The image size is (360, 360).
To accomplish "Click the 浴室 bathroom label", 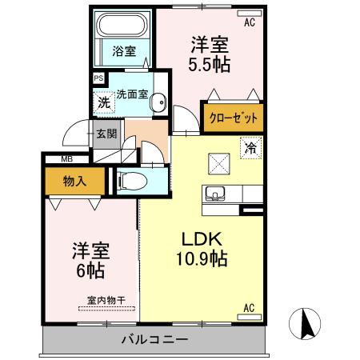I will click(x=123, y=50).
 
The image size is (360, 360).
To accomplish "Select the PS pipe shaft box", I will click(x=98, y=78).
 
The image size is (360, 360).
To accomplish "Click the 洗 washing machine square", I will click(x=103, y=102).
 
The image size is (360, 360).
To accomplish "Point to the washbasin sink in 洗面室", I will click(x=159, y=102).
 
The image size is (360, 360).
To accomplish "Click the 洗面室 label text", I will click(x=132, y=94).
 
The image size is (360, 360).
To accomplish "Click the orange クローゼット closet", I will click(x=234, y=117).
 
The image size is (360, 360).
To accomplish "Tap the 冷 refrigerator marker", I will click(x=250, y=148).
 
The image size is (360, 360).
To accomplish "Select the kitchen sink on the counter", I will click(x=218, y=194).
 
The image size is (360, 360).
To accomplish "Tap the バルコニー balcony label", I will click(x=154, y=339).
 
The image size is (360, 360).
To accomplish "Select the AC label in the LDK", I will click(x=248, y=307).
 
